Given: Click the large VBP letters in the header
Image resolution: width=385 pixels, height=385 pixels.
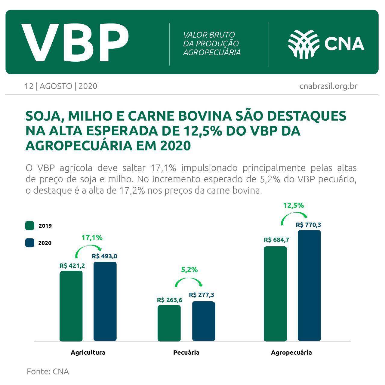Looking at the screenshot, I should [x=75, y=42].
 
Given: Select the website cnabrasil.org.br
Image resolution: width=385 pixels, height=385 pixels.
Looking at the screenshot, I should [x=328, y=86].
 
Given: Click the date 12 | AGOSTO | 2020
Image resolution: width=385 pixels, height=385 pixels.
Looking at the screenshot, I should [x=61, y=86].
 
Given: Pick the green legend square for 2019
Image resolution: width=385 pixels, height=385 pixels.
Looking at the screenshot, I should [x=30, y=226].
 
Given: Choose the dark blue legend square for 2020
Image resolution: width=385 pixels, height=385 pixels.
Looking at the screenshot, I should [x=30, y=243].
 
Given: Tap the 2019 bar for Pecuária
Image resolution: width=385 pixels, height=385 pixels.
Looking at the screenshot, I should [x=169, y=323].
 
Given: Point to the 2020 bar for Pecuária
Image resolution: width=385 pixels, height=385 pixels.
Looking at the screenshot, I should [x=204, y=321].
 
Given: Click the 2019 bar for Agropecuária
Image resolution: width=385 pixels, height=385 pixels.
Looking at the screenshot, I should [x=275, y=294].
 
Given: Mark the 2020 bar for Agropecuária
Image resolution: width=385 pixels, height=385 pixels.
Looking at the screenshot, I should [x=309, y=286].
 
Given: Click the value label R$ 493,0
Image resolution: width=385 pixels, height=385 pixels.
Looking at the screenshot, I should [x=104, y=256].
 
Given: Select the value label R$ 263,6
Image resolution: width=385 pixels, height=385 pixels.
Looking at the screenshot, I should [x=169, y=300].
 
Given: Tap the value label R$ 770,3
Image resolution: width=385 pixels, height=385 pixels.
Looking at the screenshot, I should [x=309, y=225].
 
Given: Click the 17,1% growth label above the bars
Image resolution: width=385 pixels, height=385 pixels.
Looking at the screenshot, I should [x=92, y=238].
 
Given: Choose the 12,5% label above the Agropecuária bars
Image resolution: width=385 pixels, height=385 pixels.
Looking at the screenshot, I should [x=293, y=206].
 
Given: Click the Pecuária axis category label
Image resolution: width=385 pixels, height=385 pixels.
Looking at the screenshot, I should [x=186, y=353].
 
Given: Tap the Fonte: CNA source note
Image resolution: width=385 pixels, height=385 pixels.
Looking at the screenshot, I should [x=48, y=371].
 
